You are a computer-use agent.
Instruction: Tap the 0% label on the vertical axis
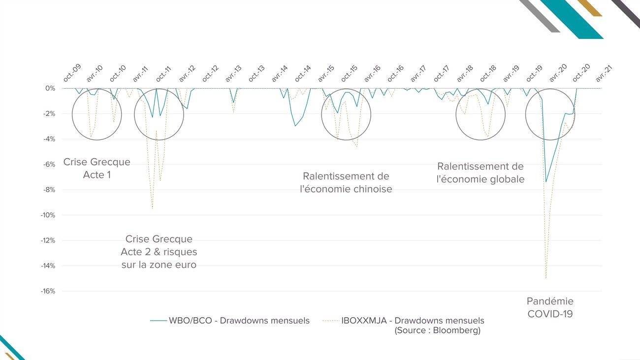coord(51,89)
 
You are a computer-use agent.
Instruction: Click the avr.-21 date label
coord(604,73)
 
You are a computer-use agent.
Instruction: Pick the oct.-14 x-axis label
coord(303,73)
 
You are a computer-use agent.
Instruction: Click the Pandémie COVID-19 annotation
coord(550,307)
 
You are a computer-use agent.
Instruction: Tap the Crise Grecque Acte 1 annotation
coord(97,168)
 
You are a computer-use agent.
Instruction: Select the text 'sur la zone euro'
coord(159,265)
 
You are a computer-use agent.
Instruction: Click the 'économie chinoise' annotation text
coord(346,189)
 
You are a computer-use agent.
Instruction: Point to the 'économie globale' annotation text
coord(480,179)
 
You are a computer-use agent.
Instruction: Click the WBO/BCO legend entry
coord(230,321)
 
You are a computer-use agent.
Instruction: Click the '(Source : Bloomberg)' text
coord(437,330)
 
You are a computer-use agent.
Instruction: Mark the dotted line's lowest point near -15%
coord(546,278)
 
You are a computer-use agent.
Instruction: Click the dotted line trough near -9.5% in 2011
coord(152,209)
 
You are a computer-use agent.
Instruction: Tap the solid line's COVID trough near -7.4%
coord(546,182)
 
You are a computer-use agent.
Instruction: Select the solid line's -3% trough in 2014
coord(295,126)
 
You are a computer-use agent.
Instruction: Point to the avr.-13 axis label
coord(234,73)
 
